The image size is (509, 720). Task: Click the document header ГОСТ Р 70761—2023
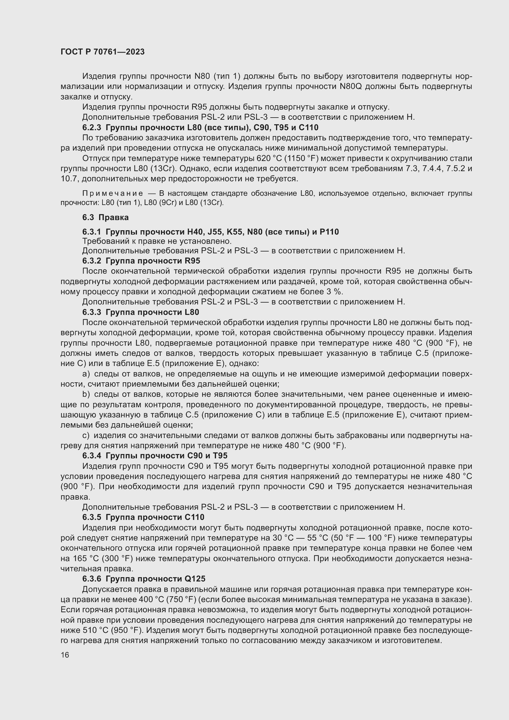[x=102, y=52]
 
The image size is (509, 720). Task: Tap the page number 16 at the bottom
[x=65, y=655]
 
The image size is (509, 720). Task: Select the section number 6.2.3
[x=92, y=128]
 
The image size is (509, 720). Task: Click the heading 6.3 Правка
[x=105, y=217]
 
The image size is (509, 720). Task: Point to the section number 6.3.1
[x=92, y=232]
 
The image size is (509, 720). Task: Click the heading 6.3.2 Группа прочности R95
[x=141, y=261]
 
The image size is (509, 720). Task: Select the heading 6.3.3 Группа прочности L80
[x=140, y=312]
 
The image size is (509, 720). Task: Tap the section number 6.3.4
[x=92, y=456]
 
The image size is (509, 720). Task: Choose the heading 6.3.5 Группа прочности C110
[x=143, y=517]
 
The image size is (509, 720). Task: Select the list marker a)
[x=86, y=374]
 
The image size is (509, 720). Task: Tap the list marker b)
[x=86, y=395]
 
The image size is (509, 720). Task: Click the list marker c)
[x=86, y=436]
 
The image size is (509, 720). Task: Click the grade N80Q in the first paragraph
[x=351, y=86]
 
